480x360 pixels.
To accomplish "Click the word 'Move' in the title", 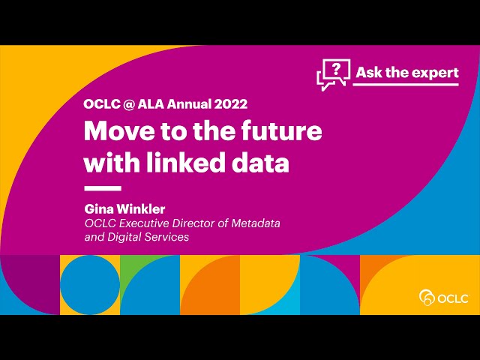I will point(115,131).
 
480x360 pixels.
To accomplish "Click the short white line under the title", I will point(103,188).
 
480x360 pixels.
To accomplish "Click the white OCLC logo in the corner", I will point(444,298).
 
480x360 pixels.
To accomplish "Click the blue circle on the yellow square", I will point(90,285).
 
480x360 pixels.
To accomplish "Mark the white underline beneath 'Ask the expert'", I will point(406,85).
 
